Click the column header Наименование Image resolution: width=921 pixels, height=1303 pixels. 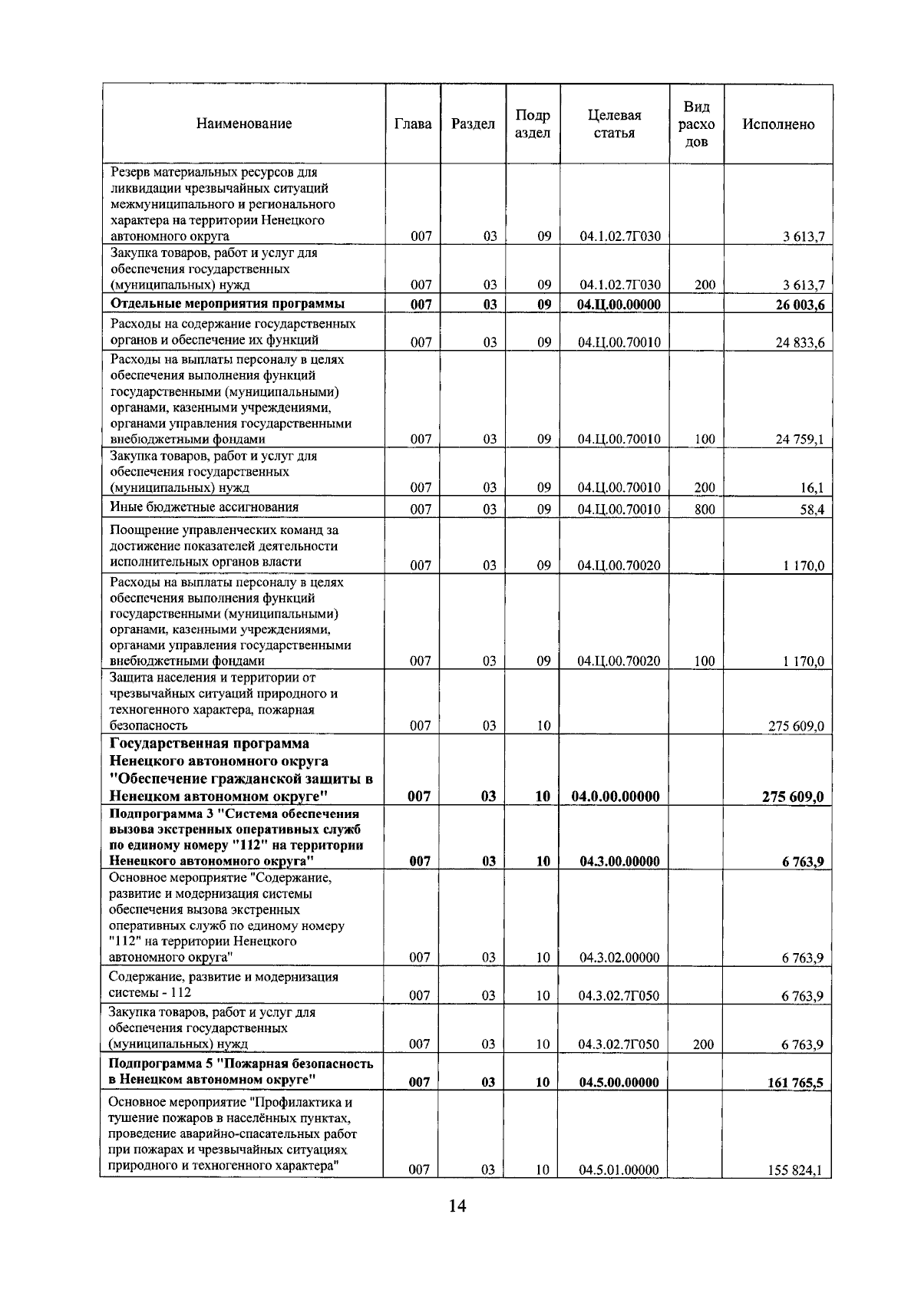(243, 124)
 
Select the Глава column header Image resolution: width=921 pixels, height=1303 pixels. (412, 124)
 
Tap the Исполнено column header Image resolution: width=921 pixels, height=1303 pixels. (778, 124)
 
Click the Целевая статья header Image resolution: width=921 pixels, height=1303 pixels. (614, 124)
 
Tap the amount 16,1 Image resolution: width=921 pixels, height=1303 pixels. (811, 488)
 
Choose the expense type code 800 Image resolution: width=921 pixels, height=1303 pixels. (704, 510)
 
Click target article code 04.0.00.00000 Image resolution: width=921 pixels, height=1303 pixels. (616, 797)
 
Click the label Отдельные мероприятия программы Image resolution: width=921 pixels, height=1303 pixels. (227, 303)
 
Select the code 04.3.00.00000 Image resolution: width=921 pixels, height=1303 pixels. (619, 862)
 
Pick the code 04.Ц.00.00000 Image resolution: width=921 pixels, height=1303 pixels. (619, 305)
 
